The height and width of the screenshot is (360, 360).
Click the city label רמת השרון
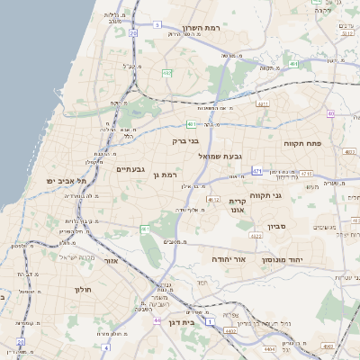[x=226, y=30]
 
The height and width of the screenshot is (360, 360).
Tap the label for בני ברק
[x=184, y=140]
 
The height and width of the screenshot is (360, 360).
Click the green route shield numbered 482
[x=167, y=73]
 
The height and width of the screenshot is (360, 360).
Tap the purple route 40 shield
[x=331, y=113]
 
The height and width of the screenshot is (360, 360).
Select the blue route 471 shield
[x=257, y=170]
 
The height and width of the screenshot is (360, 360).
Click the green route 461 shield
[x=144, y=229]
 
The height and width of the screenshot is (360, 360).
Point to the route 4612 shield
[x=213, y=198]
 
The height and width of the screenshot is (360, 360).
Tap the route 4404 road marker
[x=268, y=348]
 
